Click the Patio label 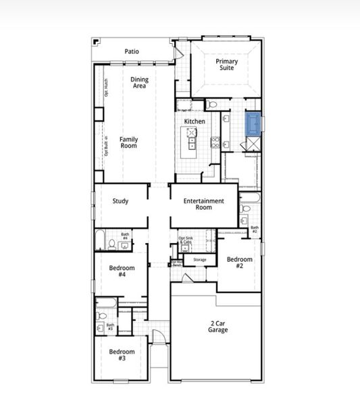click(132, 51)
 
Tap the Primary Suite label click(226, 65)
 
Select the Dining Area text click(140, 82)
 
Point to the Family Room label click(129, 142)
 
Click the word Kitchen click(195, 122)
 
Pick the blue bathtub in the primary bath click(253, 124)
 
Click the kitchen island click(192, 138)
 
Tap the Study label click(121, 201)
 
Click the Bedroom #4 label click(122, 271)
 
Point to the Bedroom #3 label click(122, 355)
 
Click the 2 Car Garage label click(217, 327)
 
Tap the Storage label click(199, 260)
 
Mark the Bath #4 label click(125, 236)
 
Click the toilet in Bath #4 click(111, 244)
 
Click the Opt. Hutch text click(106, 88)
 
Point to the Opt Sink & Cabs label click(185, 240)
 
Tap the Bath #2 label click(255, 230)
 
